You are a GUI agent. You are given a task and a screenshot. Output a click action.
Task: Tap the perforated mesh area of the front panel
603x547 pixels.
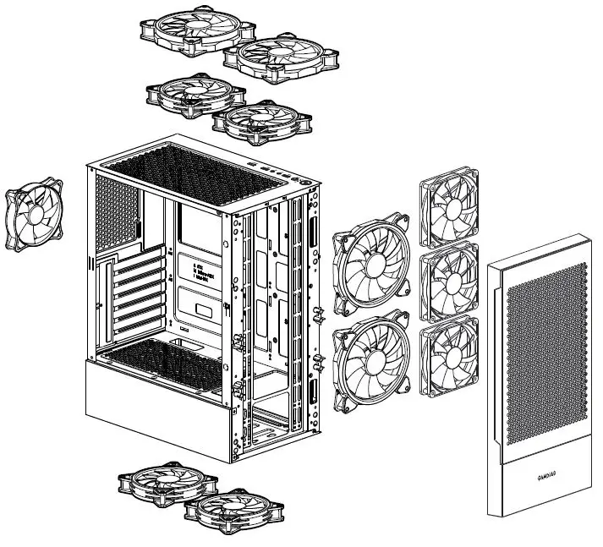point(545,355)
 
